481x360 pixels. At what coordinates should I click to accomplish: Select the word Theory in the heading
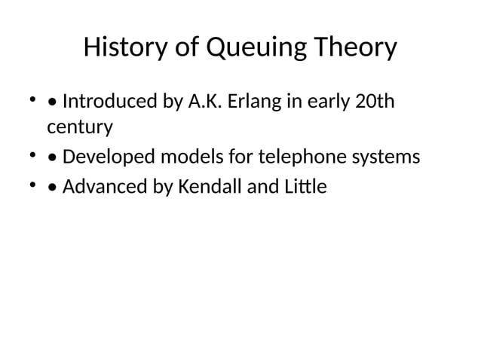[x=356, y=49]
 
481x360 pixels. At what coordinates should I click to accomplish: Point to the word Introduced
[x=110, y=100]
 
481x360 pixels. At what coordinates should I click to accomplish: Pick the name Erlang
[x=258, y=102]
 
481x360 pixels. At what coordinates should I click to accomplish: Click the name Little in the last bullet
[x=305, y=186]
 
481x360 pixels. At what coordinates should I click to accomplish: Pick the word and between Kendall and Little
[x=262, y=186]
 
